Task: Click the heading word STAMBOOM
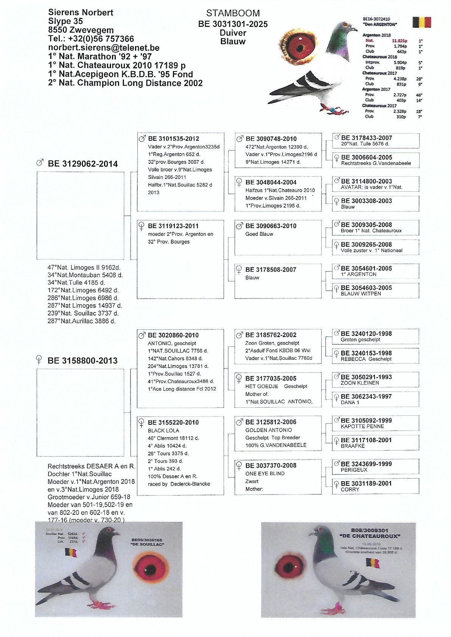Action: point(233,13)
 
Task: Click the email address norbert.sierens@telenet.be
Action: point(104,48)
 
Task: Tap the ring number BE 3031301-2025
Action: point(233,24)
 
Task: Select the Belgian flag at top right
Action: point(421,22)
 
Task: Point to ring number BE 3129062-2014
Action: point(82,164)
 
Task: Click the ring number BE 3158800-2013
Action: point(82,360)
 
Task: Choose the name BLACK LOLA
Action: point(163,430)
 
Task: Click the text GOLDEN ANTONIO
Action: point(269,430)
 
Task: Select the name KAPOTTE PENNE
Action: point(362,426)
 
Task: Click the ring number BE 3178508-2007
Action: point(271,270)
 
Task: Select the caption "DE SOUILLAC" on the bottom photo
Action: point(147,544)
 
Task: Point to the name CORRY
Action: point(350,489)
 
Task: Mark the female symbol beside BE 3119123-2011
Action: point(141,226)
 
